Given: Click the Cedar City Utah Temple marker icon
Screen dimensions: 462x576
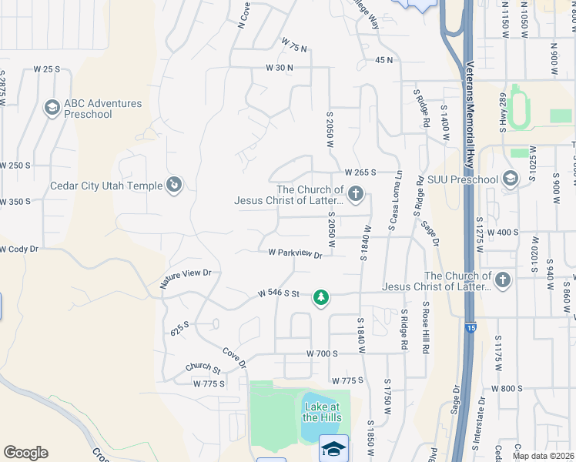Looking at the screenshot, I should tap(175, 185).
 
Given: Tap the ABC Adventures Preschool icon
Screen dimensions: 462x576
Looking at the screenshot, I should tap(52, 107).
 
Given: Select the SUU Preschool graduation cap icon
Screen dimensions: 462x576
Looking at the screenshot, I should tap(510, 179).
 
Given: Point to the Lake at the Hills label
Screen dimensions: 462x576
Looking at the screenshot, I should tap(320, 412).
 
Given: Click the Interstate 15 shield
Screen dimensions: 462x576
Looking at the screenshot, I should tap(471, 327).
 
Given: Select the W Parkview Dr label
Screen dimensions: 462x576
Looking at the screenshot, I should tap(295, 253).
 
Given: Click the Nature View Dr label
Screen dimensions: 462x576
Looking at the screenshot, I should tap(185, 278).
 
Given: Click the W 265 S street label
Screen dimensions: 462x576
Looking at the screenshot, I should tap(360, 172).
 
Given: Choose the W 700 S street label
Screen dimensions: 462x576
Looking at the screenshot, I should tap(323, 353).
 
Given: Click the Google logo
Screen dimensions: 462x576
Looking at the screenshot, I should tap(25, 453).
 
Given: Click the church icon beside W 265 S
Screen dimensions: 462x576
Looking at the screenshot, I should tap(355, 193).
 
